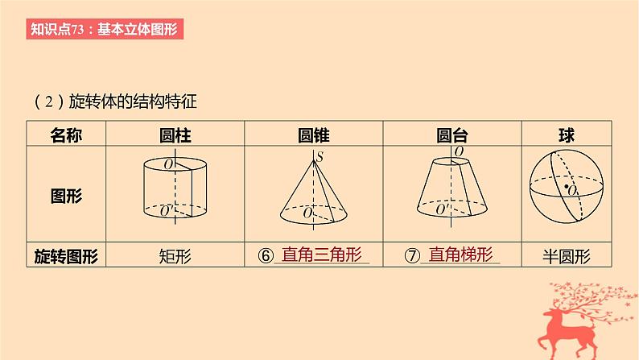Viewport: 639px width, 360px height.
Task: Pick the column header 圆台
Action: click(452, 134)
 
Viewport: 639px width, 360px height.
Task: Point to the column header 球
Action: click(567, 134)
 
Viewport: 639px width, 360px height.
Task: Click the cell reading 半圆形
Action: click(567, 257)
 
